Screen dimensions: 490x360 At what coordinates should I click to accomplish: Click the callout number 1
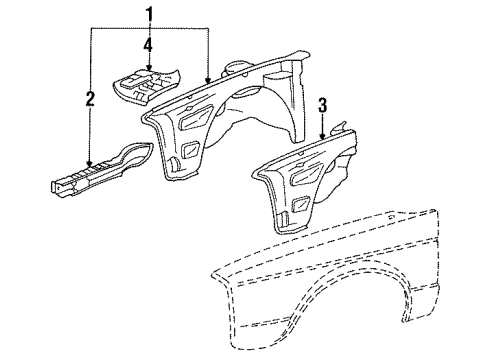[149, 15]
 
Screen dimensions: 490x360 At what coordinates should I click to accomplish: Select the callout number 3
[322, 105]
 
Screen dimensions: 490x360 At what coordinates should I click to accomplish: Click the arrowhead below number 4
[149, 66]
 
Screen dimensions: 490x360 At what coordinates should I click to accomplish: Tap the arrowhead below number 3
[322, 135]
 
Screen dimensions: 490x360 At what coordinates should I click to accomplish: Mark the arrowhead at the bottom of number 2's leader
[89, 163]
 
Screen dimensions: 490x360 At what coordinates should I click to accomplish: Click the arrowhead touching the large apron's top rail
[208, 79]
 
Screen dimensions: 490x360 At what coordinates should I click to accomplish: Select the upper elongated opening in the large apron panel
[195, 117]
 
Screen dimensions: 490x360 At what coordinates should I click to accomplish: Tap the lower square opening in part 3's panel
[302, 205]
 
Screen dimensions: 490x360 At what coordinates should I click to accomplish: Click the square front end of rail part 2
[57, 188]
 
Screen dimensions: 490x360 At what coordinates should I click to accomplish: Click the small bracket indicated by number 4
[145, 86]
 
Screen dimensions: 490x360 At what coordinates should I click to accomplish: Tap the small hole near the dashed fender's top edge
[392, 217]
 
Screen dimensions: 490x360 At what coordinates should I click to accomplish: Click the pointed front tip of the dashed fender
[212, 273]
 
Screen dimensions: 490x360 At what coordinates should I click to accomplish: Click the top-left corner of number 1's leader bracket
[90, 28]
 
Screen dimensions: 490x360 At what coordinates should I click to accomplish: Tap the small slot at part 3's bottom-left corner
[283, 219]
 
